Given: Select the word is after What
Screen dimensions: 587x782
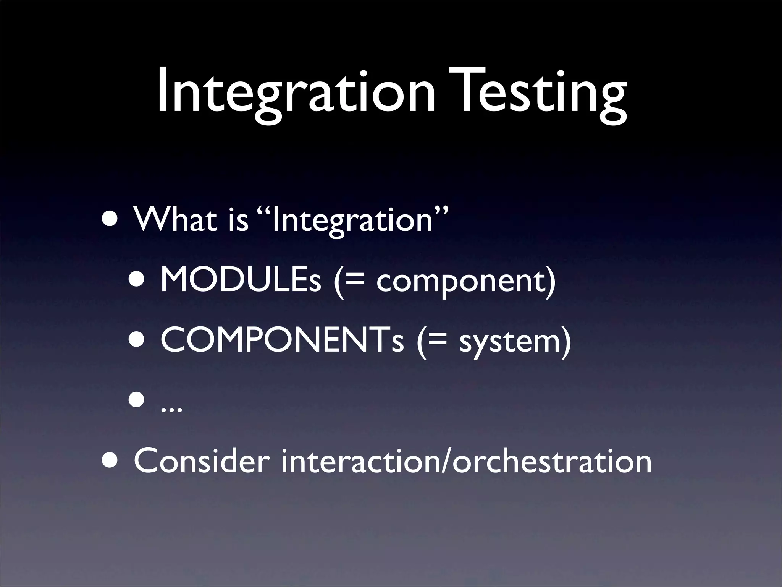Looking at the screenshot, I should (238, 219).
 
